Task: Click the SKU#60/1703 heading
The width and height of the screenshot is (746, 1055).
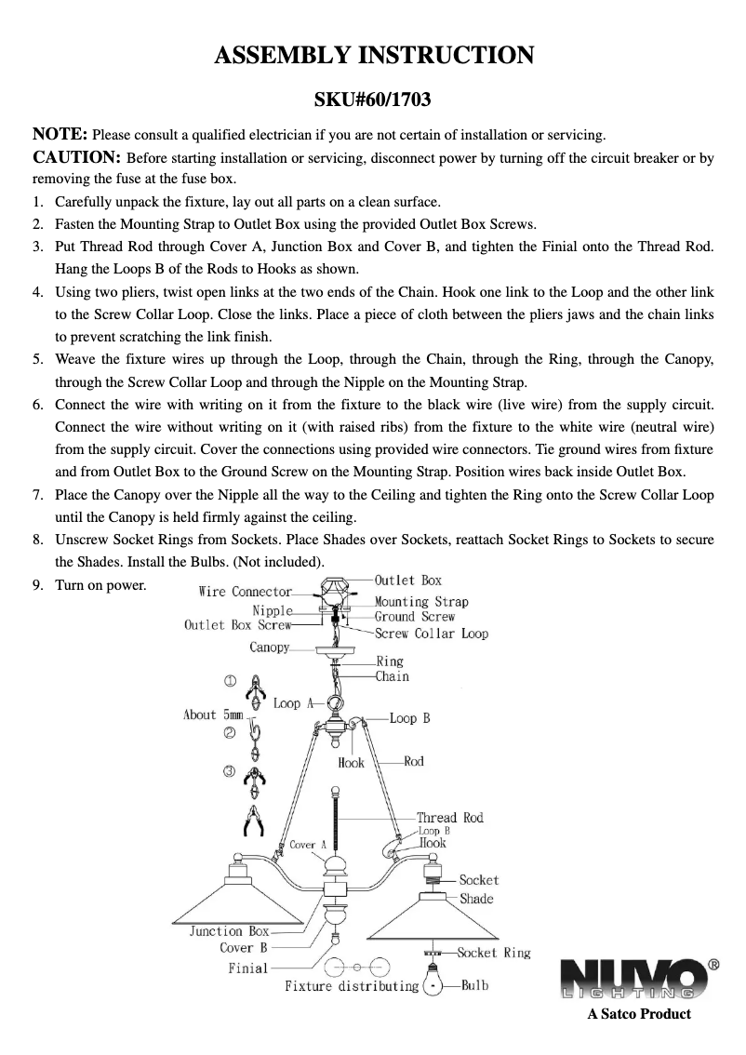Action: pyautogui.click(x=373, y=98)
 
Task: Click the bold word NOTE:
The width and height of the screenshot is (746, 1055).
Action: pyautogui.click(x=61, y=133)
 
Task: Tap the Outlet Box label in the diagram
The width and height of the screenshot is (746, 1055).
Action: pyautogui.click(x=407, y=581)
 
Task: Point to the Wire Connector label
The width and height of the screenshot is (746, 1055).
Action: pyautogui.click(x=246, y=592)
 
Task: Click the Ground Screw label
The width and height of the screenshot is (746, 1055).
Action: pyautogui.click(x=415, y=617)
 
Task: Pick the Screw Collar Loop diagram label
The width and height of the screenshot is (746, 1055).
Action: pyautogui.click(x=432, y=634)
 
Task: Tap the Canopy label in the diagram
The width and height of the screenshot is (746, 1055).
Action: pyautogui.click(x=269, y=648)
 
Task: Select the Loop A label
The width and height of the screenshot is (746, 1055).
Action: pyautogui.click(x=294, y=704)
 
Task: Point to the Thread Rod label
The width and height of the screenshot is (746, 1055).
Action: pyautogui.click(x=450, y=818)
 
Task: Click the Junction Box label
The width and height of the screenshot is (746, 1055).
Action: pyautogui.click(x=229, y=931)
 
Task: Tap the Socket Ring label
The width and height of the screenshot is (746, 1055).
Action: pyautogui.click(x=494, y=953)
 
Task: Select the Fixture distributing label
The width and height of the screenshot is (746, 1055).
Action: pyautogui.click(x=352, y=986)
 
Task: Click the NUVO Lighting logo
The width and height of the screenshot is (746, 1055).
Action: pyautogui.click(x=637, y=980)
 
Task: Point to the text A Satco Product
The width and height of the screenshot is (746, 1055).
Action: pyautogui.click(x=638, y=1014)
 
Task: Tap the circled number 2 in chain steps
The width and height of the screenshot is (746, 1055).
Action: pyautogui.click(x=229, y=733)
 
